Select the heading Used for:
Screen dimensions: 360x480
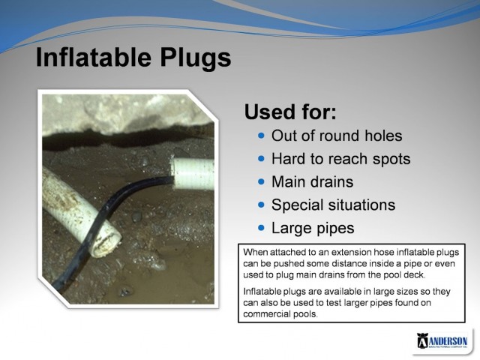[290, 112]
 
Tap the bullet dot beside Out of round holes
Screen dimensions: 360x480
[261, 136]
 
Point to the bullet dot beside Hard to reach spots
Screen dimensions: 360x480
[261, 159]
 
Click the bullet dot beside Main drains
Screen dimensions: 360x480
[261, 181]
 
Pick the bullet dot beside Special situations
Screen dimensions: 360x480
[261, 204]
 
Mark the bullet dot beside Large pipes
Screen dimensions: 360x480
[261, 226]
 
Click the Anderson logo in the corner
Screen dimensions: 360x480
[442, 341]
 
